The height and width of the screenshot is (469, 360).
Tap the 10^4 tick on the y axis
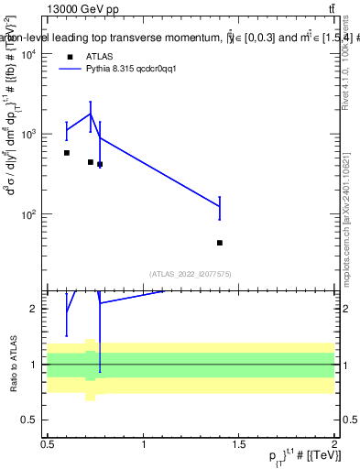(32, 54)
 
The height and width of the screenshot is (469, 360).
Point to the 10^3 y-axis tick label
(32, 135)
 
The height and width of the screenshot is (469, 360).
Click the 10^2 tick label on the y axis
(32, 214)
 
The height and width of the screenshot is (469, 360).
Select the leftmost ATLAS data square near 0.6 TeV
(67, 153)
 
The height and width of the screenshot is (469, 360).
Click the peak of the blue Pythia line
(91, 114)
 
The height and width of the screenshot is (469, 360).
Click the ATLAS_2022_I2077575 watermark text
(190, 273)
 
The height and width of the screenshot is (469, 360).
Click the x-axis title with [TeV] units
(295, 459)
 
